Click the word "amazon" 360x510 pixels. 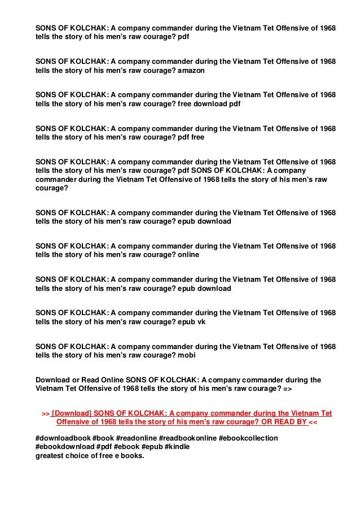[x=191, y=71]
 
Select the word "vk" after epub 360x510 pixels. [x=201, y=321]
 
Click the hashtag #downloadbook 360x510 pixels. [x=62, y=438]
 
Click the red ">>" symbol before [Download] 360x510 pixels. [x=46, y=414]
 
